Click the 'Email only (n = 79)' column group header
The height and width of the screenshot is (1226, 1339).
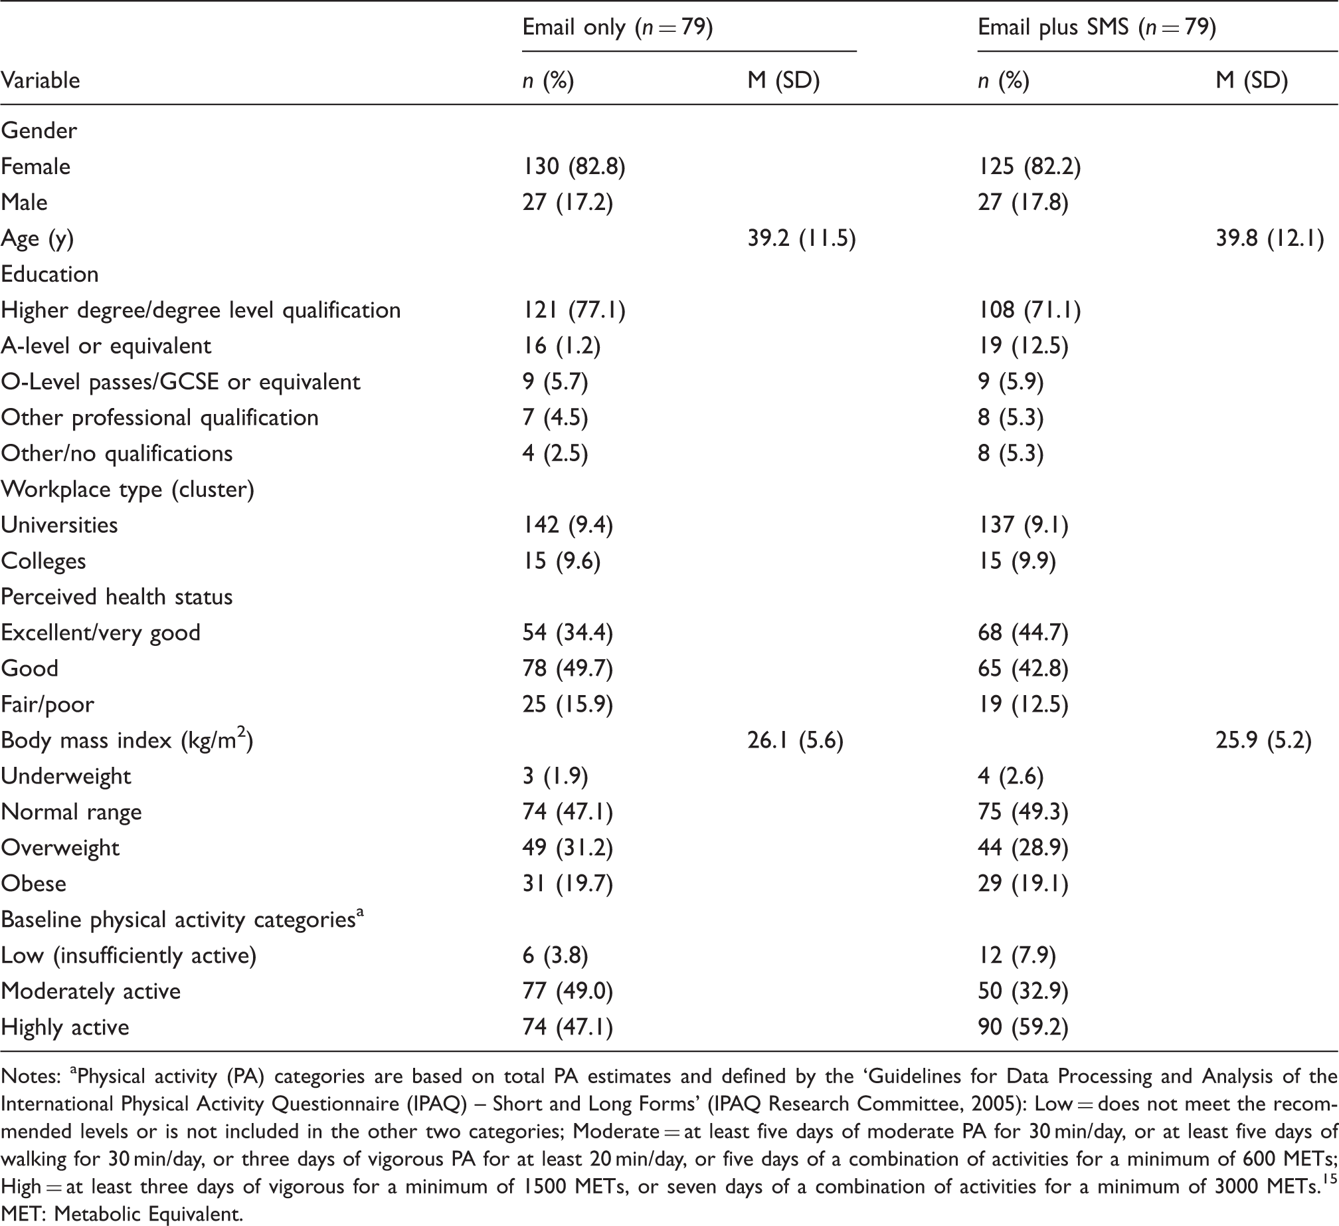(x=618, y=27)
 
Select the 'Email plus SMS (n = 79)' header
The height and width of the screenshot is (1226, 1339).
(x=1097, y=27)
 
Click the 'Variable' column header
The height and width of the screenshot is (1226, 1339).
(x=41, y=80)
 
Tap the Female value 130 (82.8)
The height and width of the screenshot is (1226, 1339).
(x=574, y=166)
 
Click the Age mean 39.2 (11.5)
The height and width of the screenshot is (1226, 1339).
(x=802, y=238)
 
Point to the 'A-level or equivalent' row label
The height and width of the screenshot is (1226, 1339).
(x=106, y=346)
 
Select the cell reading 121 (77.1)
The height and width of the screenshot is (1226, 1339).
(x=574, y=310)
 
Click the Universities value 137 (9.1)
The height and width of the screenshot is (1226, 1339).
(x=1023, y=525)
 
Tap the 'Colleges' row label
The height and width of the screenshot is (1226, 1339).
(x=43, y=561)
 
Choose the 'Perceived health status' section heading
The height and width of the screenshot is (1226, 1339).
(x=117, y=597)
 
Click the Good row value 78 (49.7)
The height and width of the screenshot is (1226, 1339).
(x=567, y=668)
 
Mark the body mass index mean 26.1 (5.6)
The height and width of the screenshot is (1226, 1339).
(x=795, y=740)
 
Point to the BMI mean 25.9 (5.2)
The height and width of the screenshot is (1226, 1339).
(x=1263, y=740)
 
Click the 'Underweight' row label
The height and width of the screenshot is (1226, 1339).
(x=66, y=776)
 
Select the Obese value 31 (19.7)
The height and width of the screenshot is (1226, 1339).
(x=567, y=884)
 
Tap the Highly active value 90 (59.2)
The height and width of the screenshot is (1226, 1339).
(x=1023, y=1027)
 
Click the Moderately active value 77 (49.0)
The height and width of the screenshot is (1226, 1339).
(x=567, y=991)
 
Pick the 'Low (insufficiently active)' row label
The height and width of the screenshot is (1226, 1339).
(x=129, y=956)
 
